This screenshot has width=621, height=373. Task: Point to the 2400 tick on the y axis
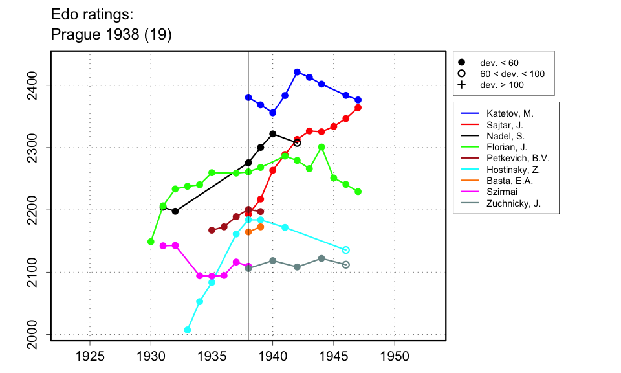pyautogui.click(x=39, y=85)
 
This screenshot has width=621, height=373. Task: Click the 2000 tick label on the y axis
pyautogui.click(x=39, y=335)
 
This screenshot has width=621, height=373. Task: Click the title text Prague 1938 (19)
pyautogui.click(x=111, y=34)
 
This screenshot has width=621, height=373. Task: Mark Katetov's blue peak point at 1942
pyautogui.click(x=297, y=72)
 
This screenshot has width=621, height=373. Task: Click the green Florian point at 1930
pyautogui.click(x=151, y=242)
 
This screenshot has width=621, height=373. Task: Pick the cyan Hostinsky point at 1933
pyautogui.click(x=188, y=330)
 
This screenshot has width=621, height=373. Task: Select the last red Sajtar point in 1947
pyautogui.click(x=358, y=107)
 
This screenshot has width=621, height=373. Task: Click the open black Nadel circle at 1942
pyautogui.click(x=297, y=142)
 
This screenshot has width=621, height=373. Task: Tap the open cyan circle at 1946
pyautogui.click(x=346, y=250)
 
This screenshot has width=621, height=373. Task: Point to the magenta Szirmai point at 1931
pyautogui.click(x=163, y=246)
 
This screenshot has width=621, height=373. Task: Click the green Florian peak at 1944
pyautogui.click(x=321, y=147)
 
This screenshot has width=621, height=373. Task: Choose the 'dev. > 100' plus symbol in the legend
pyautogui.click(x=462, y=85)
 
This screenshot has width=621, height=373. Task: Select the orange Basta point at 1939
pyautogui.click(x=261, y=227)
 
